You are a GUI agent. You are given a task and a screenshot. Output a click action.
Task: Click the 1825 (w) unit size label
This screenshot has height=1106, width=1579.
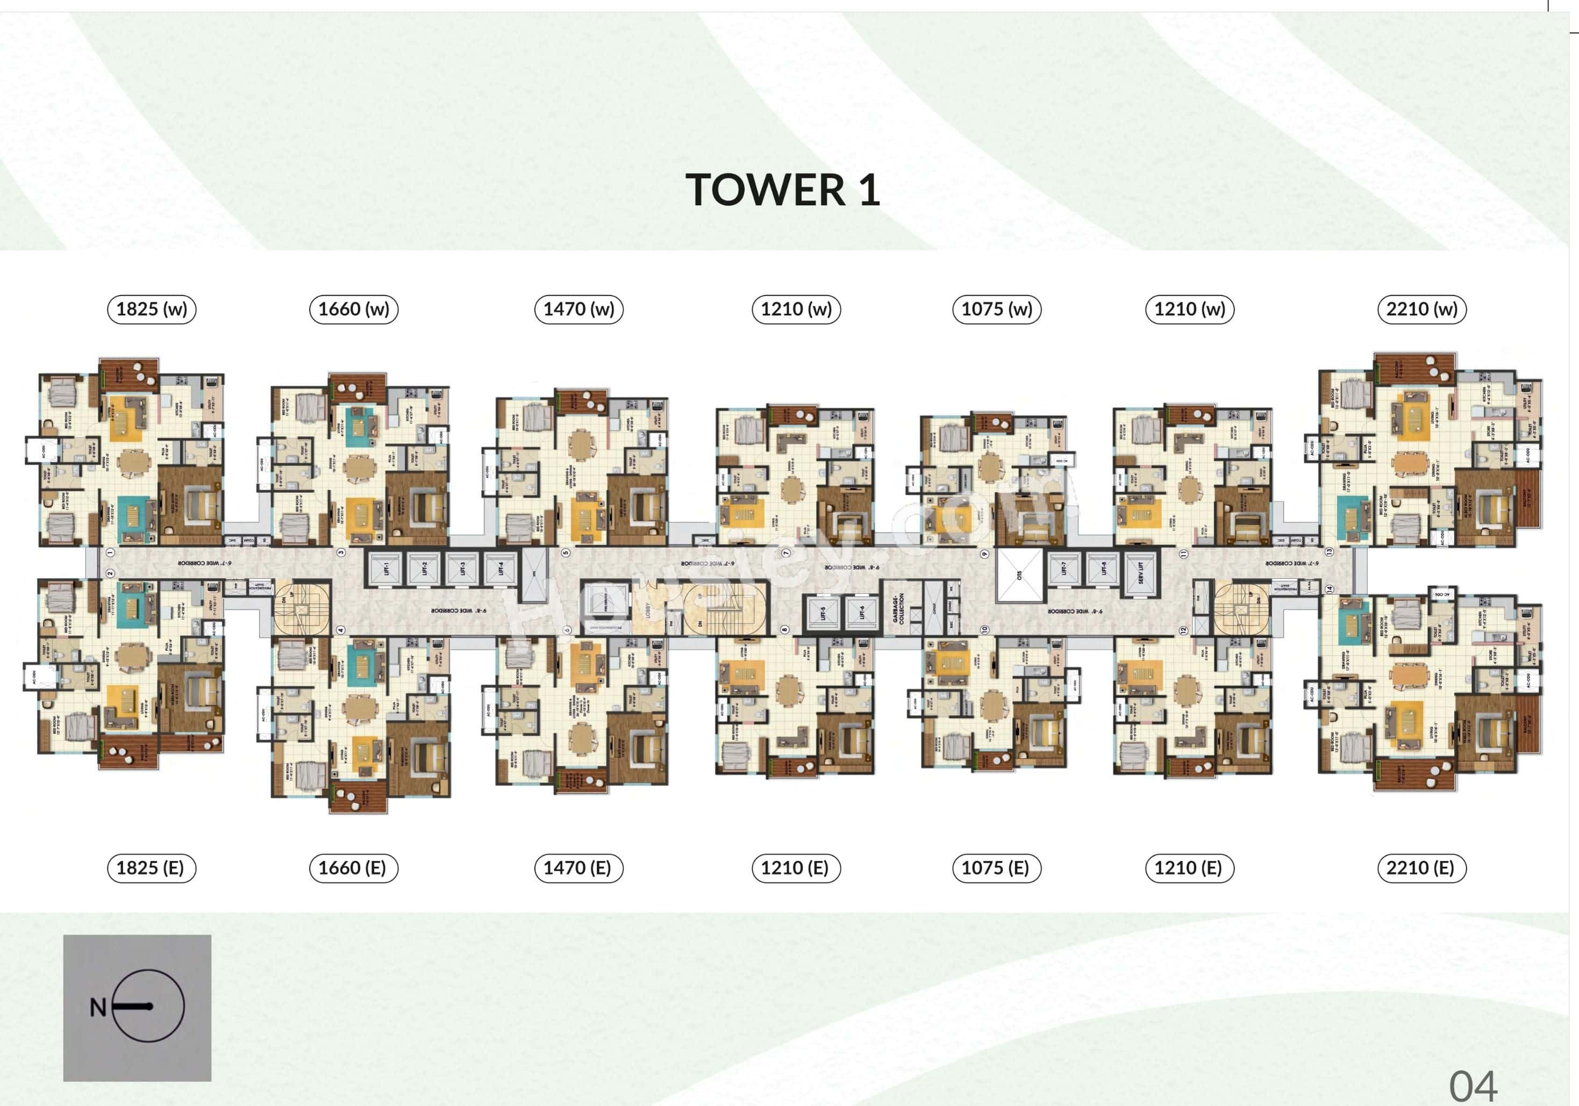(x=151, y=310)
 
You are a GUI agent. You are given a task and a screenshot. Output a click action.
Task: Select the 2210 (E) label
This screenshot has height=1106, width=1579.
(x=1420, y=868)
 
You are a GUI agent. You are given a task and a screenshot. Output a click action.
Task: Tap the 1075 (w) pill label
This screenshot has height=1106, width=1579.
(x=997, y=310)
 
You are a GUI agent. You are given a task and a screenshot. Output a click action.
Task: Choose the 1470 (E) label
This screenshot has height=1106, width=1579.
(x=578, y=868)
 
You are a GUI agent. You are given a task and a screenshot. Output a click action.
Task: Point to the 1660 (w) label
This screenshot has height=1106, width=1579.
(x=353, y=310)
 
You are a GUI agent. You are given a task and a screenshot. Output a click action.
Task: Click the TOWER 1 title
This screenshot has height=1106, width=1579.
(x=783, y=190)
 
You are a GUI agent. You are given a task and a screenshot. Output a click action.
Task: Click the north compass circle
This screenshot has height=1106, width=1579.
(x=148, y=1007)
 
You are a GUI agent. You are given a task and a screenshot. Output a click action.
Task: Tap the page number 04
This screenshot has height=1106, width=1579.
(x=1473, y=1087)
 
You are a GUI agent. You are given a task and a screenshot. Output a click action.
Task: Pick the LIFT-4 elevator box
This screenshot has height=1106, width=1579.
(x=500, y=569)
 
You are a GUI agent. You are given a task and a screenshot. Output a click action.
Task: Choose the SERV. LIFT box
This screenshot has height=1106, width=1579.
(x=1140, y=572)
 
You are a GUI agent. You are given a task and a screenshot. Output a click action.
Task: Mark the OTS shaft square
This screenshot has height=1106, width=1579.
(x=1019, y=576)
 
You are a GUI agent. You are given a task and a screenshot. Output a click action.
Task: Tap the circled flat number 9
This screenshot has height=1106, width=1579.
(x=984, y=554)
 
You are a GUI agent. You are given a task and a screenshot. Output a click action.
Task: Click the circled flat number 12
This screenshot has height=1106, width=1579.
(x=1183, y=630)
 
